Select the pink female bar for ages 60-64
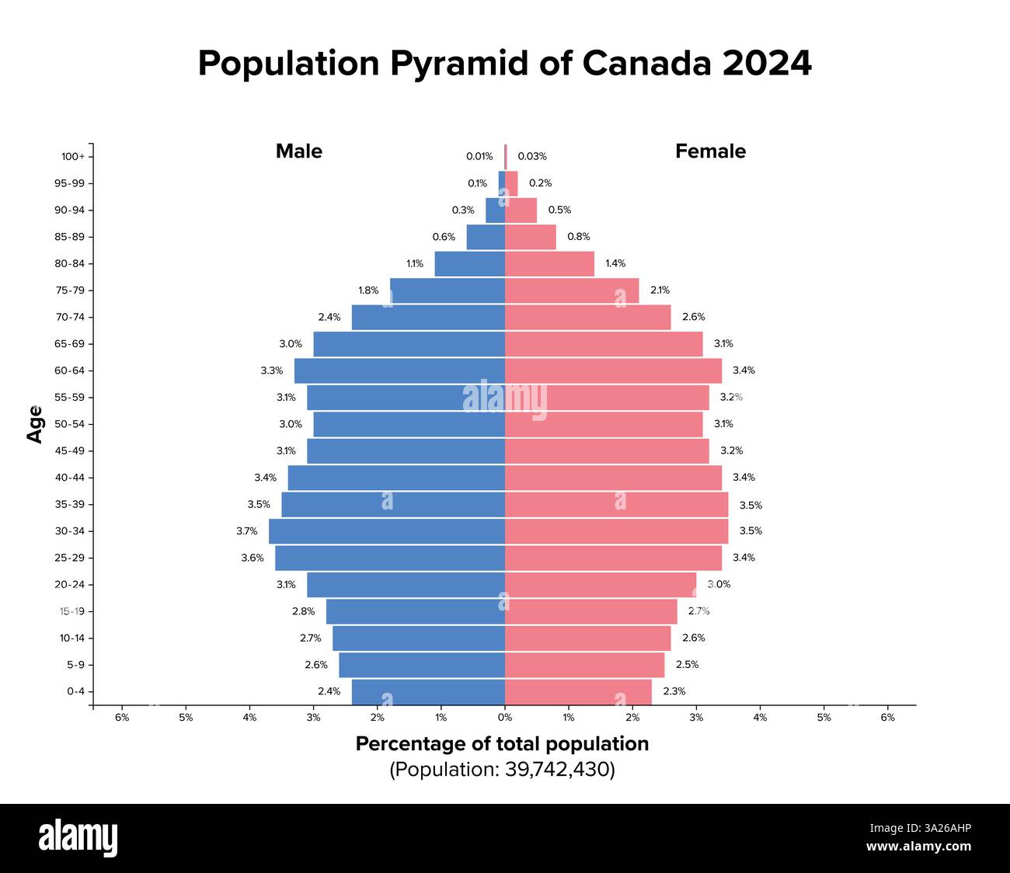pos(613,370)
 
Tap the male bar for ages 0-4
pos(428,691)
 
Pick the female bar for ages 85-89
pos(531,237)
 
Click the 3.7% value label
pos(247,531)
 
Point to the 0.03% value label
pos(532,156)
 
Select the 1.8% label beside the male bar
pos(368,290)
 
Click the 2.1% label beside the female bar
pos(660,290)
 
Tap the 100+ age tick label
pos(73,157)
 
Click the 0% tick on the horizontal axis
pos(505,718)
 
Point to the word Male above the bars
pos(299,151)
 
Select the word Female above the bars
pos(710,151)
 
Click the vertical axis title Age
pos(35,424)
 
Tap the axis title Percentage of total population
pos(502,744)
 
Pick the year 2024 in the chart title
pos(767,64)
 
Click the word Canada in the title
pos(646,64)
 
